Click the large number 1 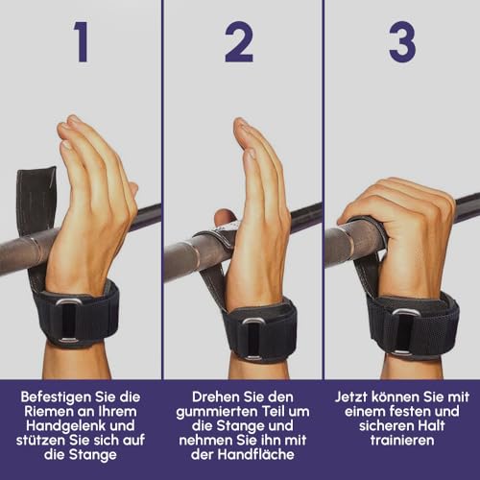[x=81, y=41]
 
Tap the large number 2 [x=239, y=41]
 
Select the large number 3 [x=402, y=41]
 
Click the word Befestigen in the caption [x=51, y=397]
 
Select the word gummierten [x=217, y=412]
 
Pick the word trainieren [x=402, y=441]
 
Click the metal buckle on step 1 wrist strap [x=68, y=320]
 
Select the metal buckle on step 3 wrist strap [x=404, y=331]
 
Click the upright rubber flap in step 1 [x=36, y=199]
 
